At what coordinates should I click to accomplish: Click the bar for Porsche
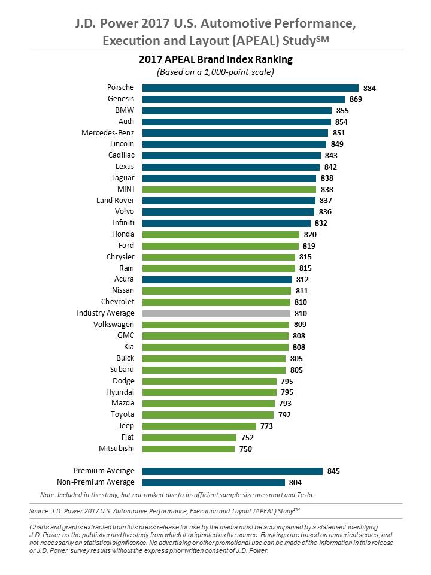(x=250, y=88)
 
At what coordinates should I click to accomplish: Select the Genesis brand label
(x=122, y=99)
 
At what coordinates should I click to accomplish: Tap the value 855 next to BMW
(x=342, y=110)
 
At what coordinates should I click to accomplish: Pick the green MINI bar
(x=229, y=189)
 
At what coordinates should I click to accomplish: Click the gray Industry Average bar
(x=215, y=313)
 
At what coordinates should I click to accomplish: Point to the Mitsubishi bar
(x=188, y=448)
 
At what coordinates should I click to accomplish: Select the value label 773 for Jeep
(x=267, y=426)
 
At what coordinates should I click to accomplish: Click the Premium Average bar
(x=232, y=471)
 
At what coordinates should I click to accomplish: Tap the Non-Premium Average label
(x=96, y=482)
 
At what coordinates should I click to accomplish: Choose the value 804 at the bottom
(x=295, y=482)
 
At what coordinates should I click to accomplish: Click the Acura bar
(x=217, y=279)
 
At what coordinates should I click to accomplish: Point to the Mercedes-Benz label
(x=108, y=132)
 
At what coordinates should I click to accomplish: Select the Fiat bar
(x=189, y=437)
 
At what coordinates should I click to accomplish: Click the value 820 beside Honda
(x=310, y=234)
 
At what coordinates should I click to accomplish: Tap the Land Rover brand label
(x=116, y=200)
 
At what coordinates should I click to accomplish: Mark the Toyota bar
(x=208, y=414)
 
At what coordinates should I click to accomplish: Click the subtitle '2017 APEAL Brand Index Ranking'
(x=215, y=60)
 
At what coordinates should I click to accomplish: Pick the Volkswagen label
(x=114, y=324)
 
